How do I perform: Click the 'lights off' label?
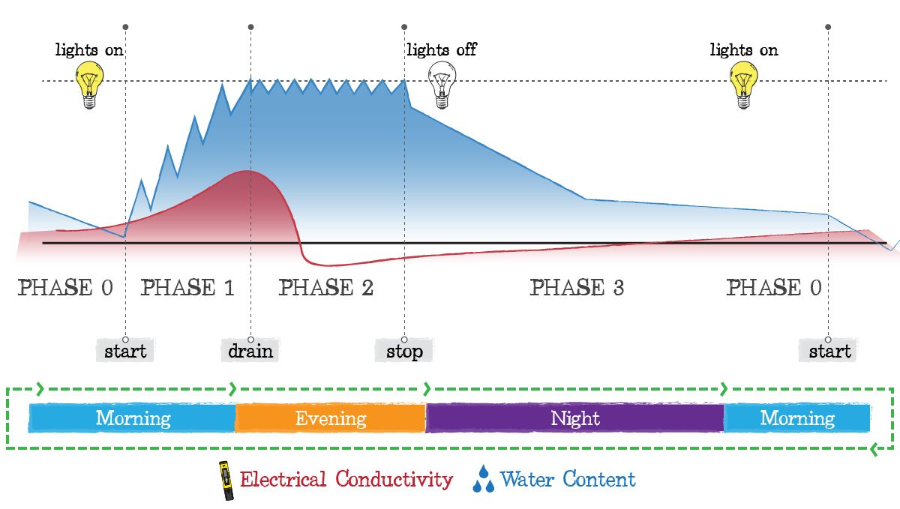[441, 50]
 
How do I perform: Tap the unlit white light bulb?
[441, 85]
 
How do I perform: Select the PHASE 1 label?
[187, 288]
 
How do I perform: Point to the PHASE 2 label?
[325, 288]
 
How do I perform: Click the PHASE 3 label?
[577, 288]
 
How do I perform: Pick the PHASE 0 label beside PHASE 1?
[65, 288]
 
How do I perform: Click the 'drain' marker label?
[250, 351]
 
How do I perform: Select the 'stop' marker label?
[404, 351]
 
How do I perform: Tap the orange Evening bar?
[331, 418]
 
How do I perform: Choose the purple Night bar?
[575, 418]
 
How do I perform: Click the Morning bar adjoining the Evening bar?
[133, 418]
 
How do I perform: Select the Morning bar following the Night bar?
[796, 418]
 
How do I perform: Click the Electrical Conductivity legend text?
[346, 480]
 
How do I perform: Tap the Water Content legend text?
[567, 480]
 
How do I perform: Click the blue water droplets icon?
[483, 480]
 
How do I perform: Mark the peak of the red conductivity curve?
[248, 172]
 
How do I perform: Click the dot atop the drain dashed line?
[250, 27]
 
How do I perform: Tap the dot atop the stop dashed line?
[404, 27]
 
